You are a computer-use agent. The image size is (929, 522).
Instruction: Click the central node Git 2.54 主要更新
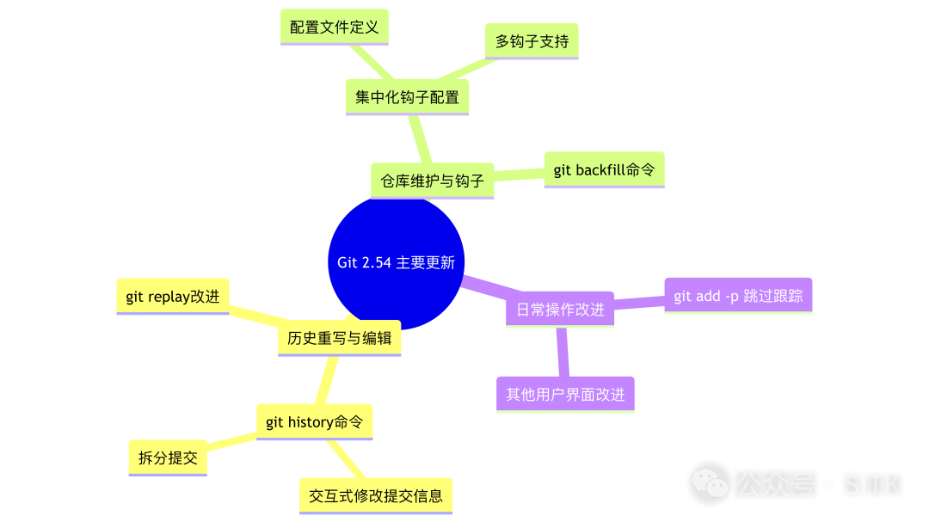pyautogui.click(x=396, y=263)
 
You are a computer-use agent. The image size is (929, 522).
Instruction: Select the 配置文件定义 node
pyautogui.click(x=335, y=28)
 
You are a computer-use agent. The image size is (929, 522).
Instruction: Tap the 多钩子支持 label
pyautogui.click(x=532, y=41)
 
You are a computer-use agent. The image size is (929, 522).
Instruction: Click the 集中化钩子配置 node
pyautogui.click(x=407, y=97)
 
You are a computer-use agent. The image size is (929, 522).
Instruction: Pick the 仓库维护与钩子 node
pyautogui.click(x=433, y=181)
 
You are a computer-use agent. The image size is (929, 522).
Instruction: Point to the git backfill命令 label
pyautogui.click(x=604, y=170)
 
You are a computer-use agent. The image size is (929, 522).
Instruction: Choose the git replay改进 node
pyautogui.click(x=173, y=297)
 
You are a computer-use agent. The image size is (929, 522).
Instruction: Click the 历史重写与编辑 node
pyautogui.click(x=339, y=338)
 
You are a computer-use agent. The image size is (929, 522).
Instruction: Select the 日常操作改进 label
pyautogui.click(x=560, y=310)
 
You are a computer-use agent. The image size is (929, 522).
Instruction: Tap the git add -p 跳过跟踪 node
pyautogui.click(x=738, y=296)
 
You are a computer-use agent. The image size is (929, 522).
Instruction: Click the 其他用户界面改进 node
pyautogui.click(x=565, y=395)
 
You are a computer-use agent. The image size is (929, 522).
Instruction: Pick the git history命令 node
pyautogui.click(x=314, y=422)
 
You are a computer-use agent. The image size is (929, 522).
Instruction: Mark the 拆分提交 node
pyautogui.click(x=168, y=458)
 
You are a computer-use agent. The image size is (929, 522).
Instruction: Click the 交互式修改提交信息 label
pyautogui.click(x=375, y=496)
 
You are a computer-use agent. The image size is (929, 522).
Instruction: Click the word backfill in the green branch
pyautogui.click(x=600, y=170)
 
